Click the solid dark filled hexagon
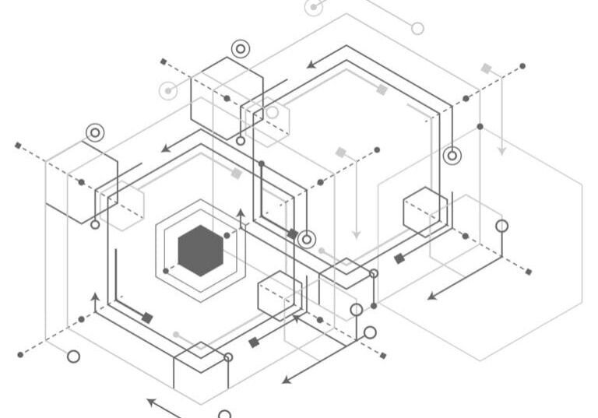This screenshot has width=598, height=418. pos(200,251)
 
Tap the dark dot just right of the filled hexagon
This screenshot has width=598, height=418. pos(227,235)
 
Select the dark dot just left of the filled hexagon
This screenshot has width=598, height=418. pos(166,272)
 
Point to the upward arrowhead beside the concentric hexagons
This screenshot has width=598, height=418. pos(241,212)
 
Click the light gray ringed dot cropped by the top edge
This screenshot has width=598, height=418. pos(314,7)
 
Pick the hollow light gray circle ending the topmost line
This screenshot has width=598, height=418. pos(417,29)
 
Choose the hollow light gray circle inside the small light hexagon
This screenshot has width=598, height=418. pos(272,112)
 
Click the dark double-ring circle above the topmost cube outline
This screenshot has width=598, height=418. pos(240,49)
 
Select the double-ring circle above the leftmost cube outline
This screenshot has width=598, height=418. pos(95,133)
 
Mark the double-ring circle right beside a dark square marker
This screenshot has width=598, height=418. pos(308,239)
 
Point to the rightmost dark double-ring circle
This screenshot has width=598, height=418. pos(452,155)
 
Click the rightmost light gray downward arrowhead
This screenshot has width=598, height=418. pos(502,151)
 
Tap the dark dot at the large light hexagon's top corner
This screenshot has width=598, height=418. pos(480,126)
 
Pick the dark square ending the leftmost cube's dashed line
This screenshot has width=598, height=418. pos(18,146)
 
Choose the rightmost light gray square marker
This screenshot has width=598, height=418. pos(487,68)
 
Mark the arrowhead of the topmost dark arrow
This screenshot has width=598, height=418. pos(311,65)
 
